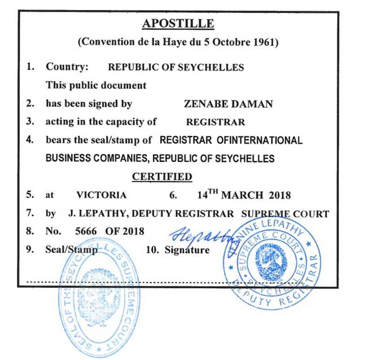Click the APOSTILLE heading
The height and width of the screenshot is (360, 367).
click(178, 24)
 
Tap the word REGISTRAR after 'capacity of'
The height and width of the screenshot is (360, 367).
click(216, 121)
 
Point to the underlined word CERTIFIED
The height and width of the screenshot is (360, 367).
click(162, 177)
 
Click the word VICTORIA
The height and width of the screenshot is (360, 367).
click(101, 195)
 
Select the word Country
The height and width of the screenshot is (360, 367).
click(67, 67)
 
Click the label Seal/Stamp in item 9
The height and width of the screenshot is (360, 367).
click(71, 249)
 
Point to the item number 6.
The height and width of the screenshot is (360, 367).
click(173, 195)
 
